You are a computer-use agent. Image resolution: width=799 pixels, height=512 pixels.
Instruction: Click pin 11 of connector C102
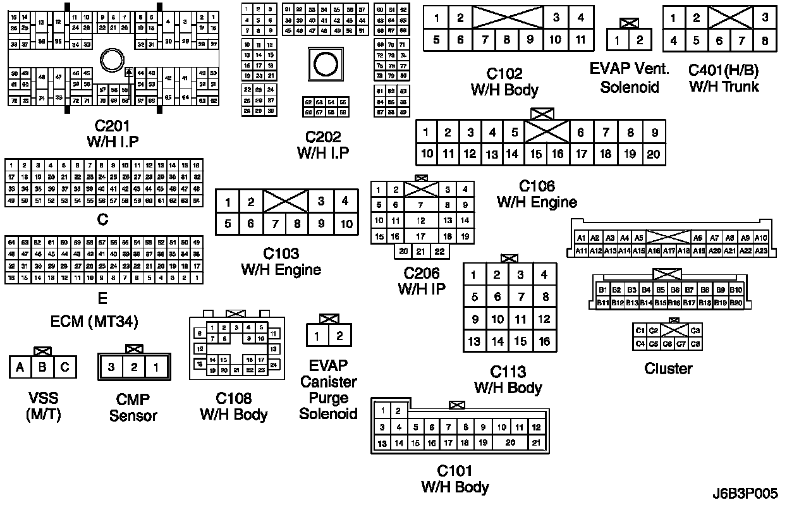pos(580,39)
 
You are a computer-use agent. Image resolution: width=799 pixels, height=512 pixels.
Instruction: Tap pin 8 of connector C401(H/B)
pos(765,41)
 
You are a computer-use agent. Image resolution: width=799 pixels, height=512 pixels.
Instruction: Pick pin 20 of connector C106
pos(654,154)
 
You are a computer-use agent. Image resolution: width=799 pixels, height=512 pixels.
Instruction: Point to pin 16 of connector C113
pos(544,341)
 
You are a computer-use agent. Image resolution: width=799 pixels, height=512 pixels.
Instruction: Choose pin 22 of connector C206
pos(439,251)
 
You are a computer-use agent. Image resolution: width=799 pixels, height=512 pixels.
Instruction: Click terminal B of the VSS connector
pos(43,367)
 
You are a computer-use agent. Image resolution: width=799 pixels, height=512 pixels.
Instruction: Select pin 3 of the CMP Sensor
pos(111,367)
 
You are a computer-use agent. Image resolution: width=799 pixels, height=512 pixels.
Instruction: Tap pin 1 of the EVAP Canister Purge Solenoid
pos(317,336)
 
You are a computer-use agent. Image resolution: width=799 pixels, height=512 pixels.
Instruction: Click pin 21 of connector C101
pos(535,443)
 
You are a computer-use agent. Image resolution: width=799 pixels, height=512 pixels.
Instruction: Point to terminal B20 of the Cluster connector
pos(736,303)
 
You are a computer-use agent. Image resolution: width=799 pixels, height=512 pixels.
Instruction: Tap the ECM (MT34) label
pos(95,321)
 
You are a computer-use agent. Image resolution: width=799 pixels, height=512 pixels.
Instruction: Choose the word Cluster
pos(668,369)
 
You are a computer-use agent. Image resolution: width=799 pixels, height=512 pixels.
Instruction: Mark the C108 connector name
pos(234,399)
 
